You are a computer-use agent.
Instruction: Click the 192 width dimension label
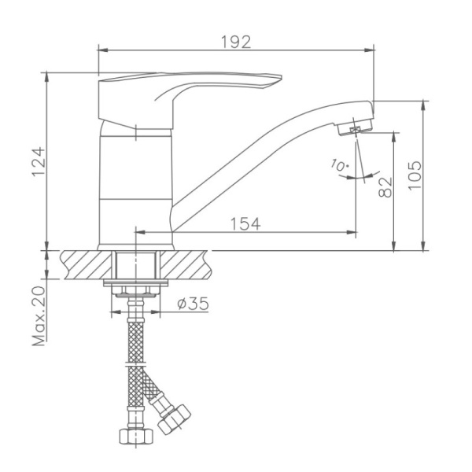(x=236, y=42)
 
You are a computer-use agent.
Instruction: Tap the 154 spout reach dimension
(x=245, y=223)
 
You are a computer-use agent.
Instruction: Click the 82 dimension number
(x=385, y=186)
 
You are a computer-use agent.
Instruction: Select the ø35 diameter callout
(x=192, y=304)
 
